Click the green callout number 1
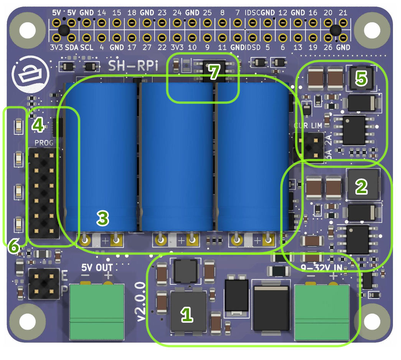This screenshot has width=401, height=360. tap(187, 315)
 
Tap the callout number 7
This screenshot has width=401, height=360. tap(214, 72)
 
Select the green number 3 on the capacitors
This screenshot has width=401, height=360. tap(102, 218)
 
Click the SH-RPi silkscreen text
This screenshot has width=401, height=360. tap(127, 66)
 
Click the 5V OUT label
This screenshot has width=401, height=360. tap(97, 267)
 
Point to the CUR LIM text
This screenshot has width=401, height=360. tap(308, 126)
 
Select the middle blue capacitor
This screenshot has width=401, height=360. tap(177, 157)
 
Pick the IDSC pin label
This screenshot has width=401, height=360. tap(252, 13)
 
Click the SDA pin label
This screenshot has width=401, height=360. tap(71, 48)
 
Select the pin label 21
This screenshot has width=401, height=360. tap(343, 13)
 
